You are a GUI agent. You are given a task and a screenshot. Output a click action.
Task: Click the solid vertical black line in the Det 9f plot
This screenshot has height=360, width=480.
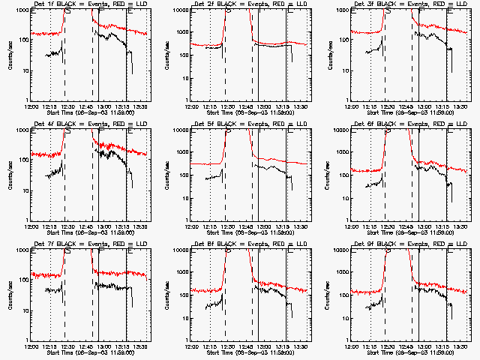[x=418, y=294]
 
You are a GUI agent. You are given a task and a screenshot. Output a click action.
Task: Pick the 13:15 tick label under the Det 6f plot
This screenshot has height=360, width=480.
[x=442, y=226]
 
